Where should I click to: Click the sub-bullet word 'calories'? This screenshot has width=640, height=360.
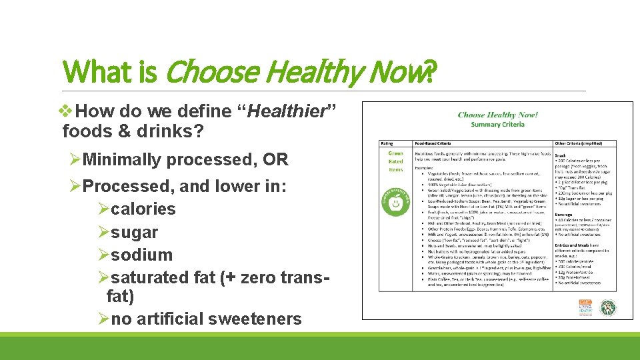coord(143,209)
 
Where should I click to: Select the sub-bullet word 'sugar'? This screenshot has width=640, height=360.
coord(135,232)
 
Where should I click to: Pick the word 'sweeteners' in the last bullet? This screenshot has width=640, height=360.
coord(255,319)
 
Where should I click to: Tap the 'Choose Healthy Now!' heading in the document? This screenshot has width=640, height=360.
coord(497,115)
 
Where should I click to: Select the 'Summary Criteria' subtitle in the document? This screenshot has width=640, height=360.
coord(497,124)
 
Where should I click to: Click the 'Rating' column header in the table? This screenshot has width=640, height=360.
coord(387,143)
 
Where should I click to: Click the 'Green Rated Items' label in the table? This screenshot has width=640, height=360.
coord(396,161)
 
